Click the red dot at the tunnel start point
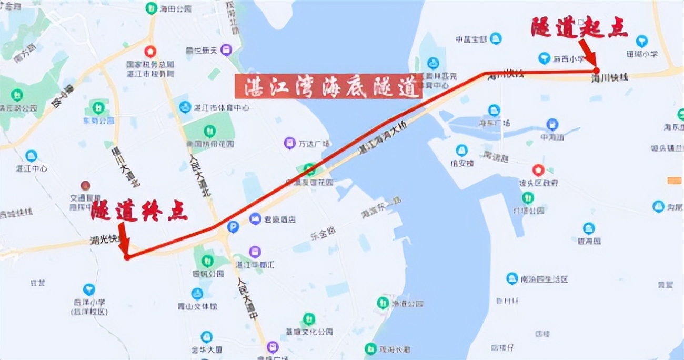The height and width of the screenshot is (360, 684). [596, 70]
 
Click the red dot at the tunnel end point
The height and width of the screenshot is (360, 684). [127, 257]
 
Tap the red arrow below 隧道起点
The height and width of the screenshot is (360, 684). [588, 53]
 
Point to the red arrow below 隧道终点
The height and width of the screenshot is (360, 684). [124, 237]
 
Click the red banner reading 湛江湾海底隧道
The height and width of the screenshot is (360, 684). [328, 86]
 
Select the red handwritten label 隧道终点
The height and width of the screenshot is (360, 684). [139, 211]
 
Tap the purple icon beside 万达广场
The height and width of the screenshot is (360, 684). [289, 143]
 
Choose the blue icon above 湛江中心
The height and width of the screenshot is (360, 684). [31, 156]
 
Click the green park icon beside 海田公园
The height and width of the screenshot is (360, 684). [152, 8]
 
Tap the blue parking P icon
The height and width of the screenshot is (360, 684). [233, 227]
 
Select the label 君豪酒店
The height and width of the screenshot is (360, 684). [280, 219]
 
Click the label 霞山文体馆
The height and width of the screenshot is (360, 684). [197, 306]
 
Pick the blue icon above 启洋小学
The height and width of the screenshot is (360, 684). [89, 289]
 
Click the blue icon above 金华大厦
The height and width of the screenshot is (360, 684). [207, 337]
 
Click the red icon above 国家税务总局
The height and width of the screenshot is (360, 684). [150, 52]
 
